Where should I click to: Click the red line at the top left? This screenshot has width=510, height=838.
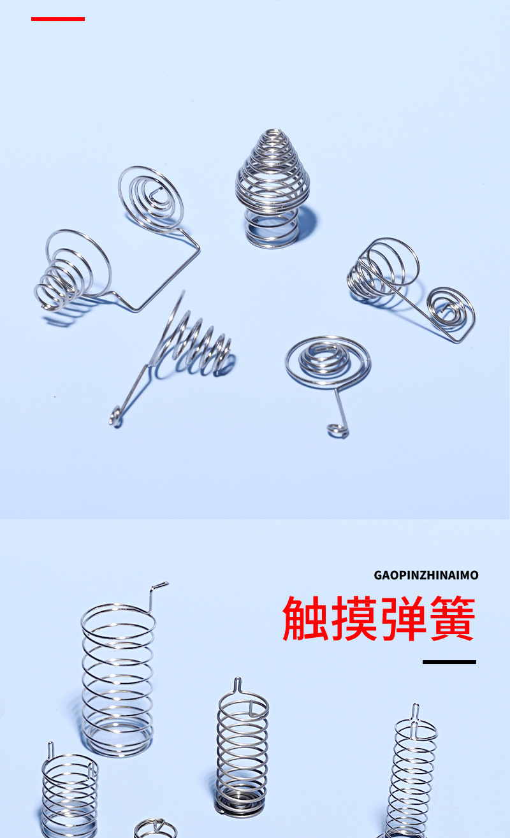(58, 19)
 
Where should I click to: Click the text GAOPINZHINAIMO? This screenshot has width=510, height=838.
(426, 575)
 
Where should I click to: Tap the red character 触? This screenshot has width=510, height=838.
(305, 619)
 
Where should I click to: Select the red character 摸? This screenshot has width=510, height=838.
(354, 619)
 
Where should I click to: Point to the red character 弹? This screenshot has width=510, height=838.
(404, 619)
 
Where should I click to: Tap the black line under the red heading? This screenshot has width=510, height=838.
(449, 661)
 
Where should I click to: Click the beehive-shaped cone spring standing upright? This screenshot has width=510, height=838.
(272, 188)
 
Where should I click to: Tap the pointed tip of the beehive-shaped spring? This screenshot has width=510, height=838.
(273, 131)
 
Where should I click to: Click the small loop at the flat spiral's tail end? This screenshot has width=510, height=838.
(337, 431)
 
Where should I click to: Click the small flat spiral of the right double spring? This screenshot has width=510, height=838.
(449, 309)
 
